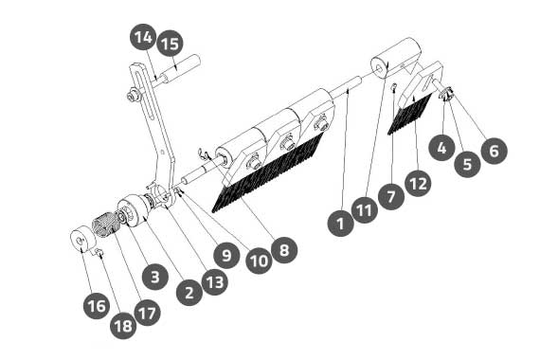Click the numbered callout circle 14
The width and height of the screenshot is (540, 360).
143,37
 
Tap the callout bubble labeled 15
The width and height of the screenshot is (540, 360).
170,44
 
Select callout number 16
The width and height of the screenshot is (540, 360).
97,306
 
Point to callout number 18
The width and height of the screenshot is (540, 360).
123,326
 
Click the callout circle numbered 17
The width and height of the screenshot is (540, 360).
148,313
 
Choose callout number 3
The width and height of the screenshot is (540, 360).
155,277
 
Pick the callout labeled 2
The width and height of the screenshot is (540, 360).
189,293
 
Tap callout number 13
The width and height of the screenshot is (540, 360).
215,282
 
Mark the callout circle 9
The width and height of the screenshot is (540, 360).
226,255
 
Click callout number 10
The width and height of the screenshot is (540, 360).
259,261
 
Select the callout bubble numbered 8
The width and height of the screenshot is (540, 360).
284,250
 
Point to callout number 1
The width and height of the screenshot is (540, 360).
341,224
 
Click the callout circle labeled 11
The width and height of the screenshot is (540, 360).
365,210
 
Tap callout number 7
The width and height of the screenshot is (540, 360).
391,197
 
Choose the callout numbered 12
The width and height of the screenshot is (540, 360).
418,183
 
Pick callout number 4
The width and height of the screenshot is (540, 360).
441,148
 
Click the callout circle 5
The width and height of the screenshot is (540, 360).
467,164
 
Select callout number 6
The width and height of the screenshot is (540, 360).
494,151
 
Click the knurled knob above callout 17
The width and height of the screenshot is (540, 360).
104,225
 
